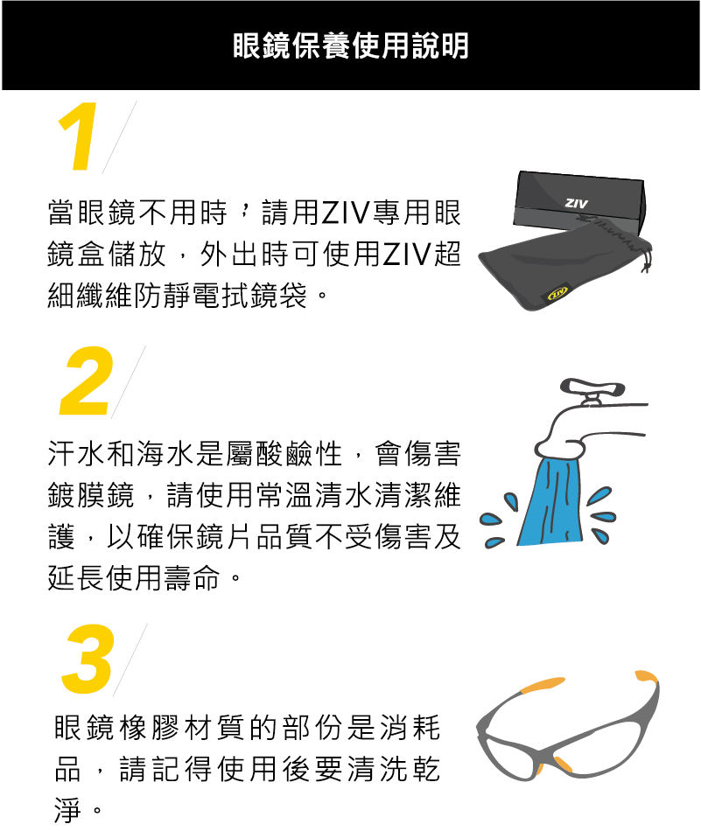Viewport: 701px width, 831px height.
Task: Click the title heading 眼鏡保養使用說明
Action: [350, 45]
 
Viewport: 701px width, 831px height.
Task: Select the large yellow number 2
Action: [87, 382]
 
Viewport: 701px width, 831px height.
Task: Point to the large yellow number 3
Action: [88, 660]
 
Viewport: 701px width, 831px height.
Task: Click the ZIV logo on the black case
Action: [576, 203]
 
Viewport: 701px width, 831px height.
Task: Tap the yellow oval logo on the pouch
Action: [557, 292]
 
